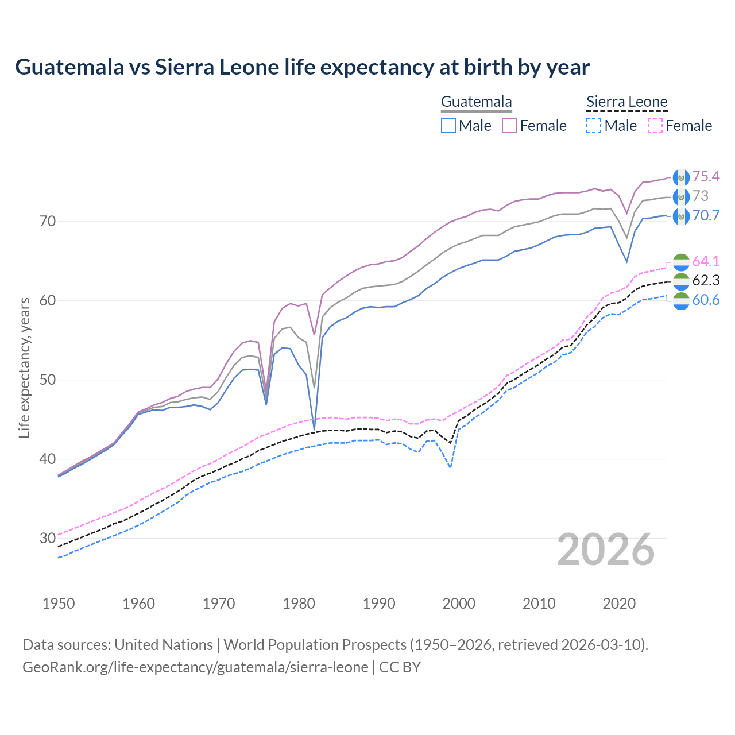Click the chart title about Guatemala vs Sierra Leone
302,67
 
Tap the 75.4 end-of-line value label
706,176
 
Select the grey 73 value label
701,196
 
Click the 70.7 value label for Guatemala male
706,215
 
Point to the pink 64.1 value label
706,261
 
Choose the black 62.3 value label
706,281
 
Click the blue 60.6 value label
706,300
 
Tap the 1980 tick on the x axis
299,604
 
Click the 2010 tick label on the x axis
539,604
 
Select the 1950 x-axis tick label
59,604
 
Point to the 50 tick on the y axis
48,380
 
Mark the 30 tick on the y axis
48,539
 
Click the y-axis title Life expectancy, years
24,367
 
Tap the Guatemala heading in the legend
476,102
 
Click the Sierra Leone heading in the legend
626,102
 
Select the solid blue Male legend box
448,126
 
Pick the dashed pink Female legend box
655,126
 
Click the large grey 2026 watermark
605,550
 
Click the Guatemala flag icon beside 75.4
680,177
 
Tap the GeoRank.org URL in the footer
195,667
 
